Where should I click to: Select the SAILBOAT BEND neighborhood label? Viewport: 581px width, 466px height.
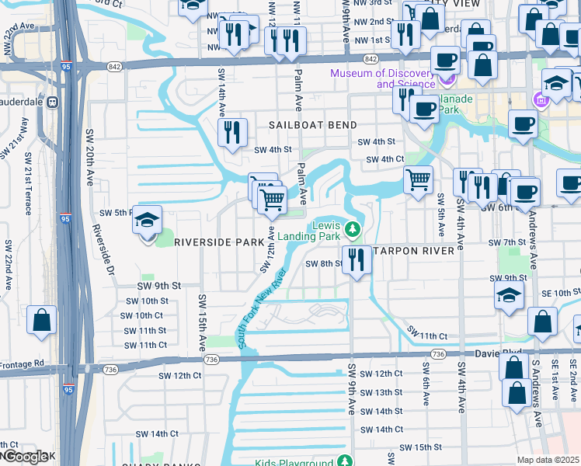313,125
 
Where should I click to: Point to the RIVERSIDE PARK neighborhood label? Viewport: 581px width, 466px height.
219,242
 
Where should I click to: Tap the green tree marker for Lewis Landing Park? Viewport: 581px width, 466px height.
352,228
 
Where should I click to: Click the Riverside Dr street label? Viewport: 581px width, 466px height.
103,252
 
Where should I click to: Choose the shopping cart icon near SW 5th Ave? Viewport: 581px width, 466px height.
419,180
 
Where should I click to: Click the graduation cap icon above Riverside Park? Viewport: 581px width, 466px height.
146,221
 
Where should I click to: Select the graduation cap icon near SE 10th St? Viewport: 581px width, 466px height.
509,296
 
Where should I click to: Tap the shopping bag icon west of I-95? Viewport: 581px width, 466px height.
41,319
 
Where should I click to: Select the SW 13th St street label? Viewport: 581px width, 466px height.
382,392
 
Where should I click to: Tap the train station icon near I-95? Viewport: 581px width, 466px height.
52,102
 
